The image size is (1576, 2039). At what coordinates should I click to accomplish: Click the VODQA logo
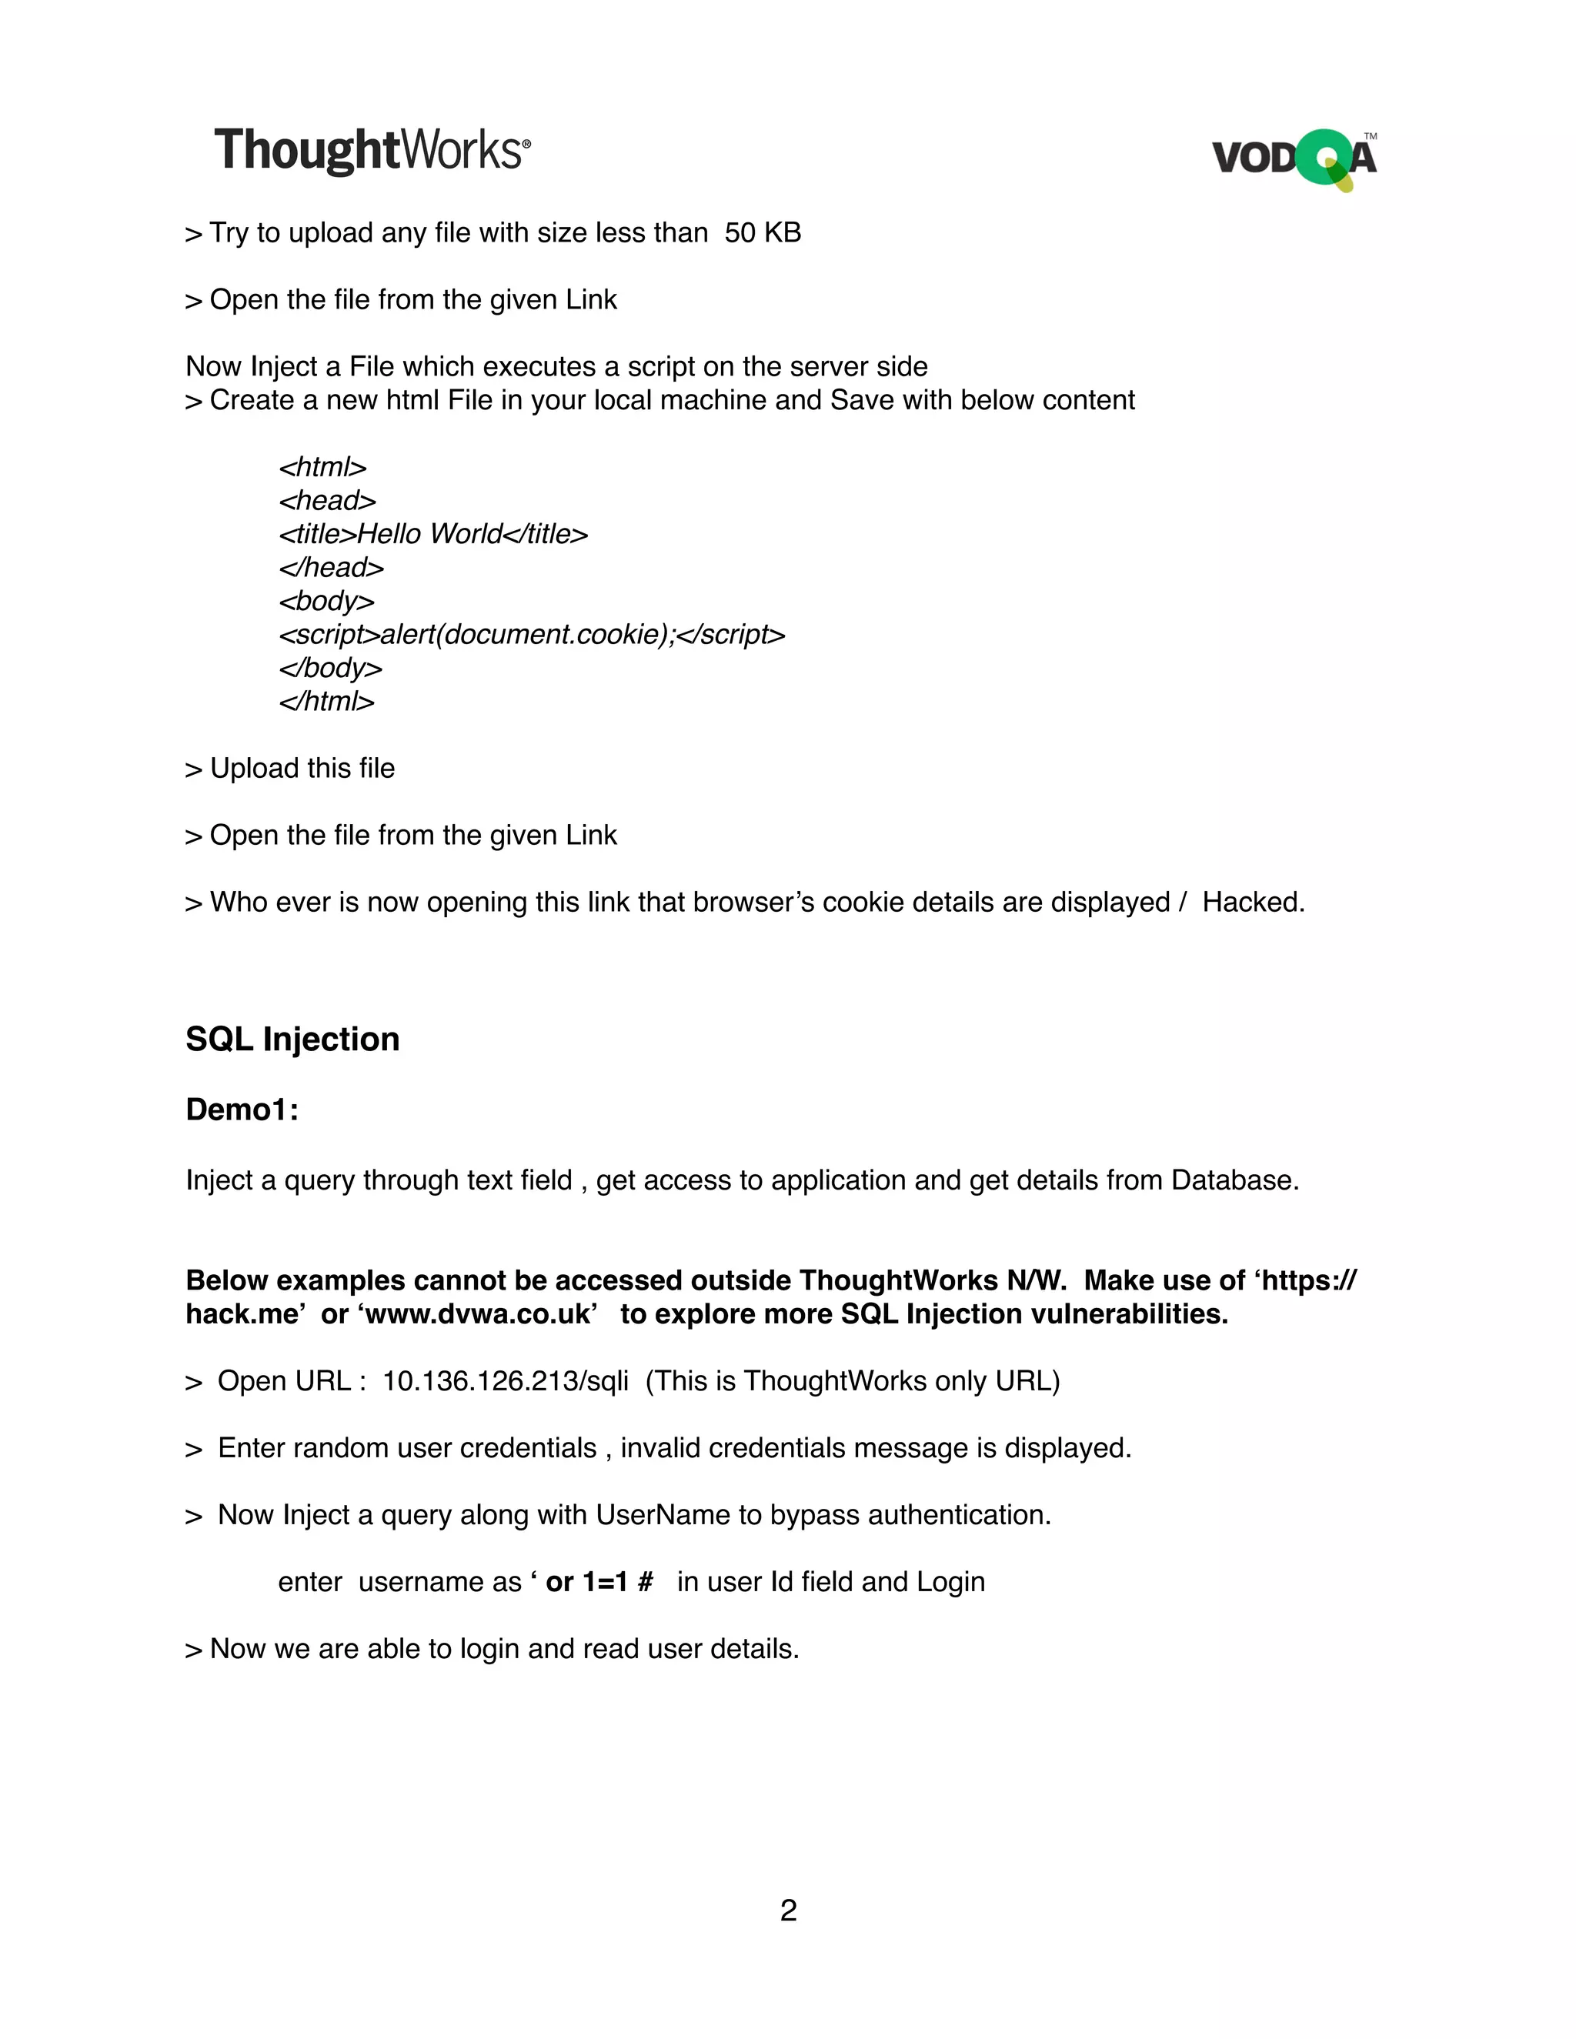pyautogui.click(x=1294, y=159)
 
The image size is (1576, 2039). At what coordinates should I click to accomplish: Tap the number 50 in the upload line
pyautogui.click(x=740, y=232)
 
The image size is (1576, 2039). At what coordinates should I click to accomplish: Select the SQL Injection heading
pyautogui.click(x=292, y=1039)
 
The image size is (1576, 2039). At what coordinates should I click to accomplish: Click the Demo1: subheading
pyautogui.click(x=242, y=1109)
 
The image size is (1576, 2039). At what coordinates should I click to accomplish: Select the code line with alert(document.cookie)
pyautogui.click(x=531, y=635)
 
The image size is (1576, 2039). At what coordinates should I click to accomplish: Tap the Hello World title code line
pyautogui.click(x=433, y=534)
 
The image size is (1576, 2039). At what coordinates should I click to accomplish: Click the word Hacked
pyautogui.click(x=1252, y=902)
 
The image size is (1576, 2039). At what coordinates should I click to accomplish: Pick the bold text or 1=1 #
pyautogui.click(x=599, y=1581)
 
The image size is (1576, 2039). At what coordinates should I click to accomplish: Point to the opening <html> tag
pyautogui.click(x=323, y=467)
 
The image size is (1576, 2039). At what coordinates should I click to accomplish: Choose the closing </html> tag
pyautogui.click(x=327, y=701)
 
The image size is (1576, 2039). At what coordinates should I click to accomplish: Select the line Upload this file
pyautogui.click(x=290, y=769)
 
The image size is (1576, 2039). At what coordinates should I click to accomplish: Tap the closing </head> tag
pyautogui.click(x=332, y=568)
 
